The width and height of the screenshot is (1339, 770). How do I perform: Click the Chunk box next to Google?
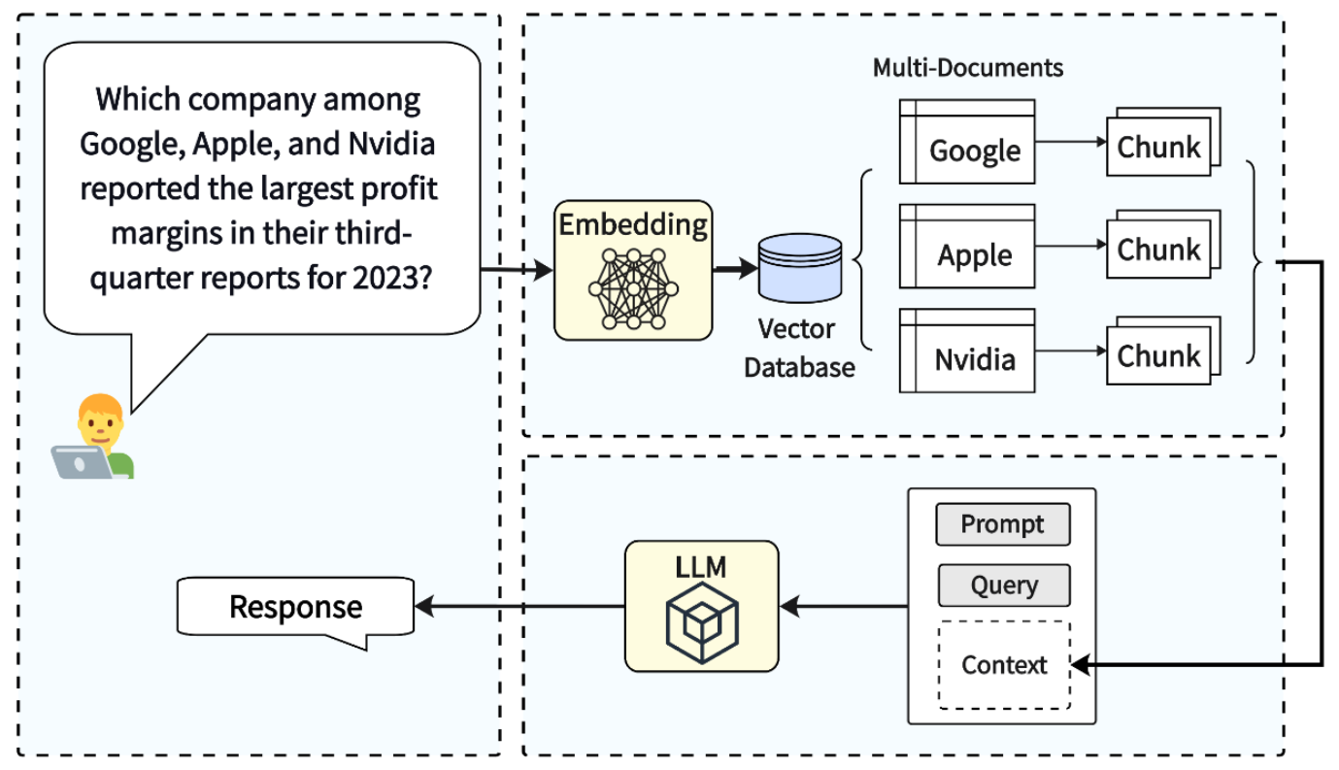coord(1159,146)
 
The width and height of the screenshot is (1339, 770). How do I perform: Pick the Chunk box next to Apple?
coord(1159,250)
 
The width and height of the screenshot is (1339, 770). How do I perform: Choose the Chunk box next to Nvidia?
coord(1159,354)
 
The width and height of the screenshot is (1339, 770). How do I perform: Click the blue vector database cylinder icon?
coord(801,268)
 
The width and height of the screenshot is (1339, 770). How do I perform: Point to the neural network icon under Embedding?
coord(633,286)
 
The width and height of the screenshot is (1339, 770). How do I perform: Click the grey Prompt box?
coord(1003,524)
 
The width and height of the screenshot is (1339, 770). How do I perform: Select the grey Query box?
coord(1003,586)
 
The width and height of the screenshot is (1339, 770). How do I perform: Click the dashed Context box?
coord(1004,665)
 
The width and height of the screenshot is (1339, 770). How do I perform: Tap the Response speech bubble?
coord(295,607)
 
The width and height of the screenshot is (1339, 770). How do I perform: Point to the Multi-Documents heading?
coord(967,68)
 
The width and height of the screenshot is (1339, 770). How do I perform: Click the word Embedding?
coord(633,224)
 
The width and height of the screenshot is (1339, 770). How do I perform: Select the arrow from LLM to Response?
coord(519,607)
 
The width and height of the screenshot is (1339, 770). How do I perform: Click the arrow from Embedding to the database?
coord(735,269)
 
